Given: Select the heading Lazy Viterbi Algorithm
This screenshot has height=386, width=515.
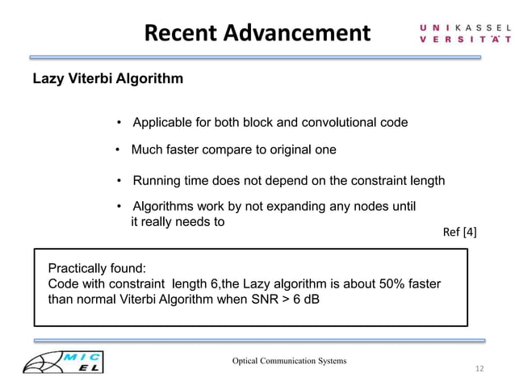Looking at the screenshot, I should (107, 79).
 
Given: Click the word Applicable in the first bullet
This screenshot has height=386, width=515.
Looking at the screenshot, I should (164, 123).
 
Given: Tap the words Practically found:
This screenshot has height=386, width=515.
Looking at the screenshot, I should (98, 269).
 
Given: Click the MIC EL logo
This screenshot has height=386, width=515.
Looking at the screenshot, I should (69, 362).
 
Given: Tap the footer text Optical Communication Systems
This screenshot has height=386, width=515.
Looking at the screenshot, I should (289, 360).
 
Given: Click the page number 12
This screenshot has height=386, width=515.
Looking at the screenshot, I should (479, 369).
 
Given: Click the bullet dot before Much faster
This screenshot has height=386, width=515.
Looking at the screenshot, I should (118, 150).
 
